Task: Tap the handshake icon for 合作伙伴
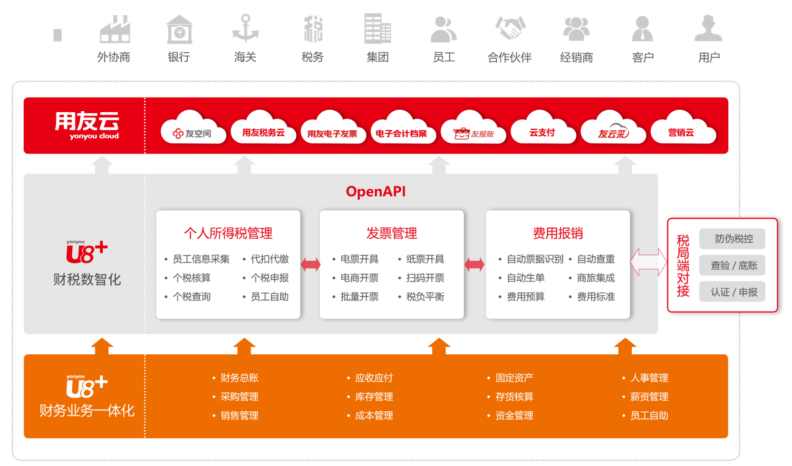[x=510, y=29]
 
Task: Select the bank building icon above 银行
[x=179, y=29]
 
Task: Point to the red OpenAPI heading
[x=376, y=192]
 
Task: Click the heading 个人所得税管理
[x=228, y=233]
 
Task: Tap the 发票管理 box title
[x=392, y=233]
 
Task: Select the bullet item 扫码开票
[x=425, y=278]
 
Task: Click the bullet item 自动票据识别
[x=535, y=259]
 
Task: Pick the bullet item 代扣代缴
[x=270, y=259]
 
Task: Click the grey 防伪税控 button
[x=734, y=239]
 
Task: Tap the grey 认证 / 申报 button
[x=734, y=292]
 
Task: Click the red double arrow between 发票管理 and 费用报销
[x=474, y=264]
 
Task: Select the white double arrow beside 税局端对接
[x=648, y=262]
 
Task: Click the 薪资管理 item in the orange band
[x=649, y=397]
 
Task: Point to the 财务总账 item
[x=239, y=378]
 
